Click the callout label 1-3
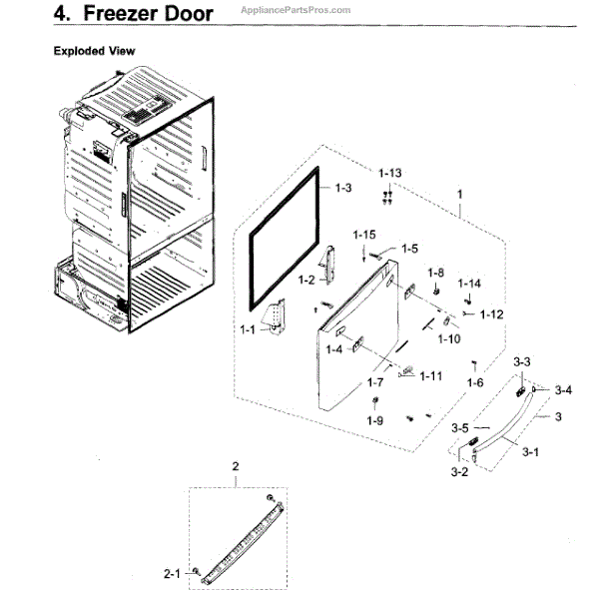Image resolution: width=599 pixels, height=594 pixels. pyautogui.click(x=343, y=188)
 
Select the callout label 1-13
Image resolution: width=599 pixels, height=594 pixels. pyautogui.click(x=390, y=173)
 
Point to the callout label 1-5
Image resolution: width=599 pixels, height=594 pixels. pyautogui.click(x=409, y=249)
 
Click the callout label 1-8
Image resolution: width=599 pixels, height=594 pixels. pyautogui.click(x=435, y=273)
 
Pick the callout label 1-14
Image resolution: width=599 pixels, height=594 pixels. pyautogui.click(x=469, y=284)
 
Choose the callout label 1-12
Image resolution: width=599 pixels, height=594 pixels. pyautogui.click(x=490, y=315)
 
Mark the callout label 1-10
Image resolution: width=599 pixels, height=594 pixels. pyautogui.click(x=449, y=338)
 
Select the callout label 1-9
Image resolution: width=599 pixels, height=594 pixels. pyautogui.click(x=374, y=420)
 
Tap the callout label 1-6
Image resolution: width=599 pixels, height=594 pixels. pyautogui.click(x=475, y=381)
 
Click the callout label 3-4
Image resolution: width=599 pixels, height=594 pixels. pyautogui.click(x=563, y=389)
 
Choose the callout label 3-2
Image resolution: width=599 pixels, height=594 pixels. pyautogui.click(x=459, y=471)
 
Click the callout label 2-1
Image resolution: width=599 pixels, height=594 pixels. pyautogui.click(x=173, y=574)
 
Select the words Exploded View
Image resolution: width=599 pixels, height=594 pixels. pyautogui.click(x=94, y=50)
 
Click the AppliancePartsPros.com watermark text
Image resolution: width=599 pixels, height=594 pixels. pyautogui.click(x=296, y=9)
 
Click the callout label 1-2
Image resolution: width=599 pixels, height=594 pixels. pyautogui.click(x=305, y=280)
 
